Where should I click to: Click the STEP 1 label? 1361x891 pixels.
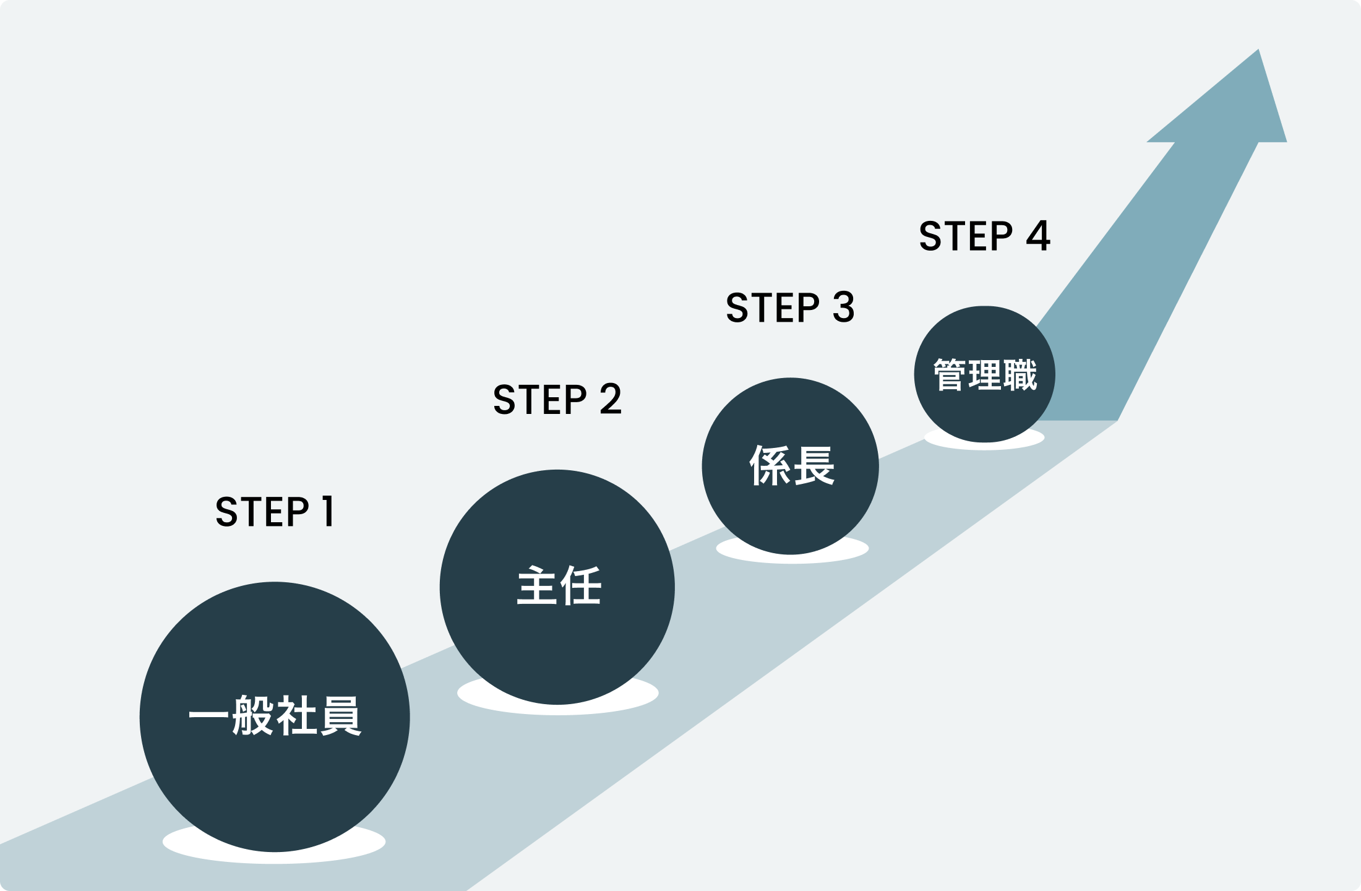tap(275, 512)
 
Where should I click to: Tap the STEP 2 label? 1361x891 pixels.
tap(557, 399)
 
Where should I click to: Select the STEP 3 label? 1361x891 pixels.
tap(790, 308)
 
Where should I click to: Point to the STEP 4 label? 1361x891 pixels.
tap(984, 236)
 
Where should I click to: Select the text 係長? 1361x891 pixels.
tap(791, 465)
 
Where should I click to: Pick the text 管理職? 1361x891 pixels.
tap(984, 374)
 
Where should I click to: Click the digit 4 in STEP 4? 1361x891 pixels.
tap(1037, 236)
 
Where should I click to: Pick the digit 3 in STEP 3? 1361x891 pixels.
tap(843, 308)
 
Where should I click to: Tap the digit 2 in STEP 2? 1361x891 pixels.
tap(610, 399)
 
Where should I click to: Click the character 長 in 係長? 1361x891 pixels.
tap(814, 465)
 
